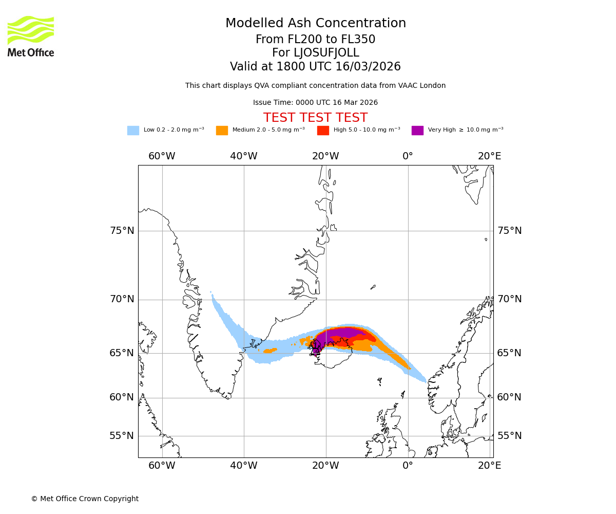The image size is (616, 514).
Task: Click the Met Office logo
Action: pos(31,36)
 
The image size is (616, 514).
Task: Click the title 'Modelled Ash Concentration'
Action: pos(315,24)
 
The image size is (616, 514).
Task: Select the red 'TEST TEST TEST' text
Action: pos(315,118)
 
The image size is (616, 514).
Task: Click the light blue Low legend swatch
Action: pos(133,131)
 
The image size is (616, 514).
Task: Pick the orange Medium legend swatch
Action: pos(222,131)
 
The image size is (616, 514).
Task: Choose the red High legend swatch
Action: pos(323,131)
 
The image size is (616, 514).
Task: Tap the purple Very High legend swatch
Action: pos(417,131)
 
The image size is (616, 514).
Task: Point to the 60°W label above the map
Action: pos(162,156)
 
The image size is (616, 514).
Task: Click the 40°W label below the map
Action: pos(243,466)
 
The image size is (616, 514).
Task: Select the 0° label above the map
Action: pos(408,156)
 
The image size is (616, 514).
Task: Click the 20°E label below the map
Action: pos(489,466)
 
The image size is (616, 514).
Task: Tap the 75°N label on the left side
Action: pos(122,231)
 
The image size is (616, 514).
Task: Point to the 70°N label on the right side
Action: pos(509,299)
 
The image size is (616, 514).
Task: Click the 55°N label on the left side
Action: pos(122,436)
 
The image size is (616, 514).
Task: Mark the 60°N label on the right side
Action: pos(509,397)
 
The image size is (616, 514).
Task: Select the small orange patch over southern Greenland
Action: pos(270,351)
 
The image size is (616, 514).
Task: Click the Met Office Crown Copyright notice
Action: pos(85,499)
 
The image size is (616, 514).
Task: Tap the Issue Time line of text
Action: pos(315,103)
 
